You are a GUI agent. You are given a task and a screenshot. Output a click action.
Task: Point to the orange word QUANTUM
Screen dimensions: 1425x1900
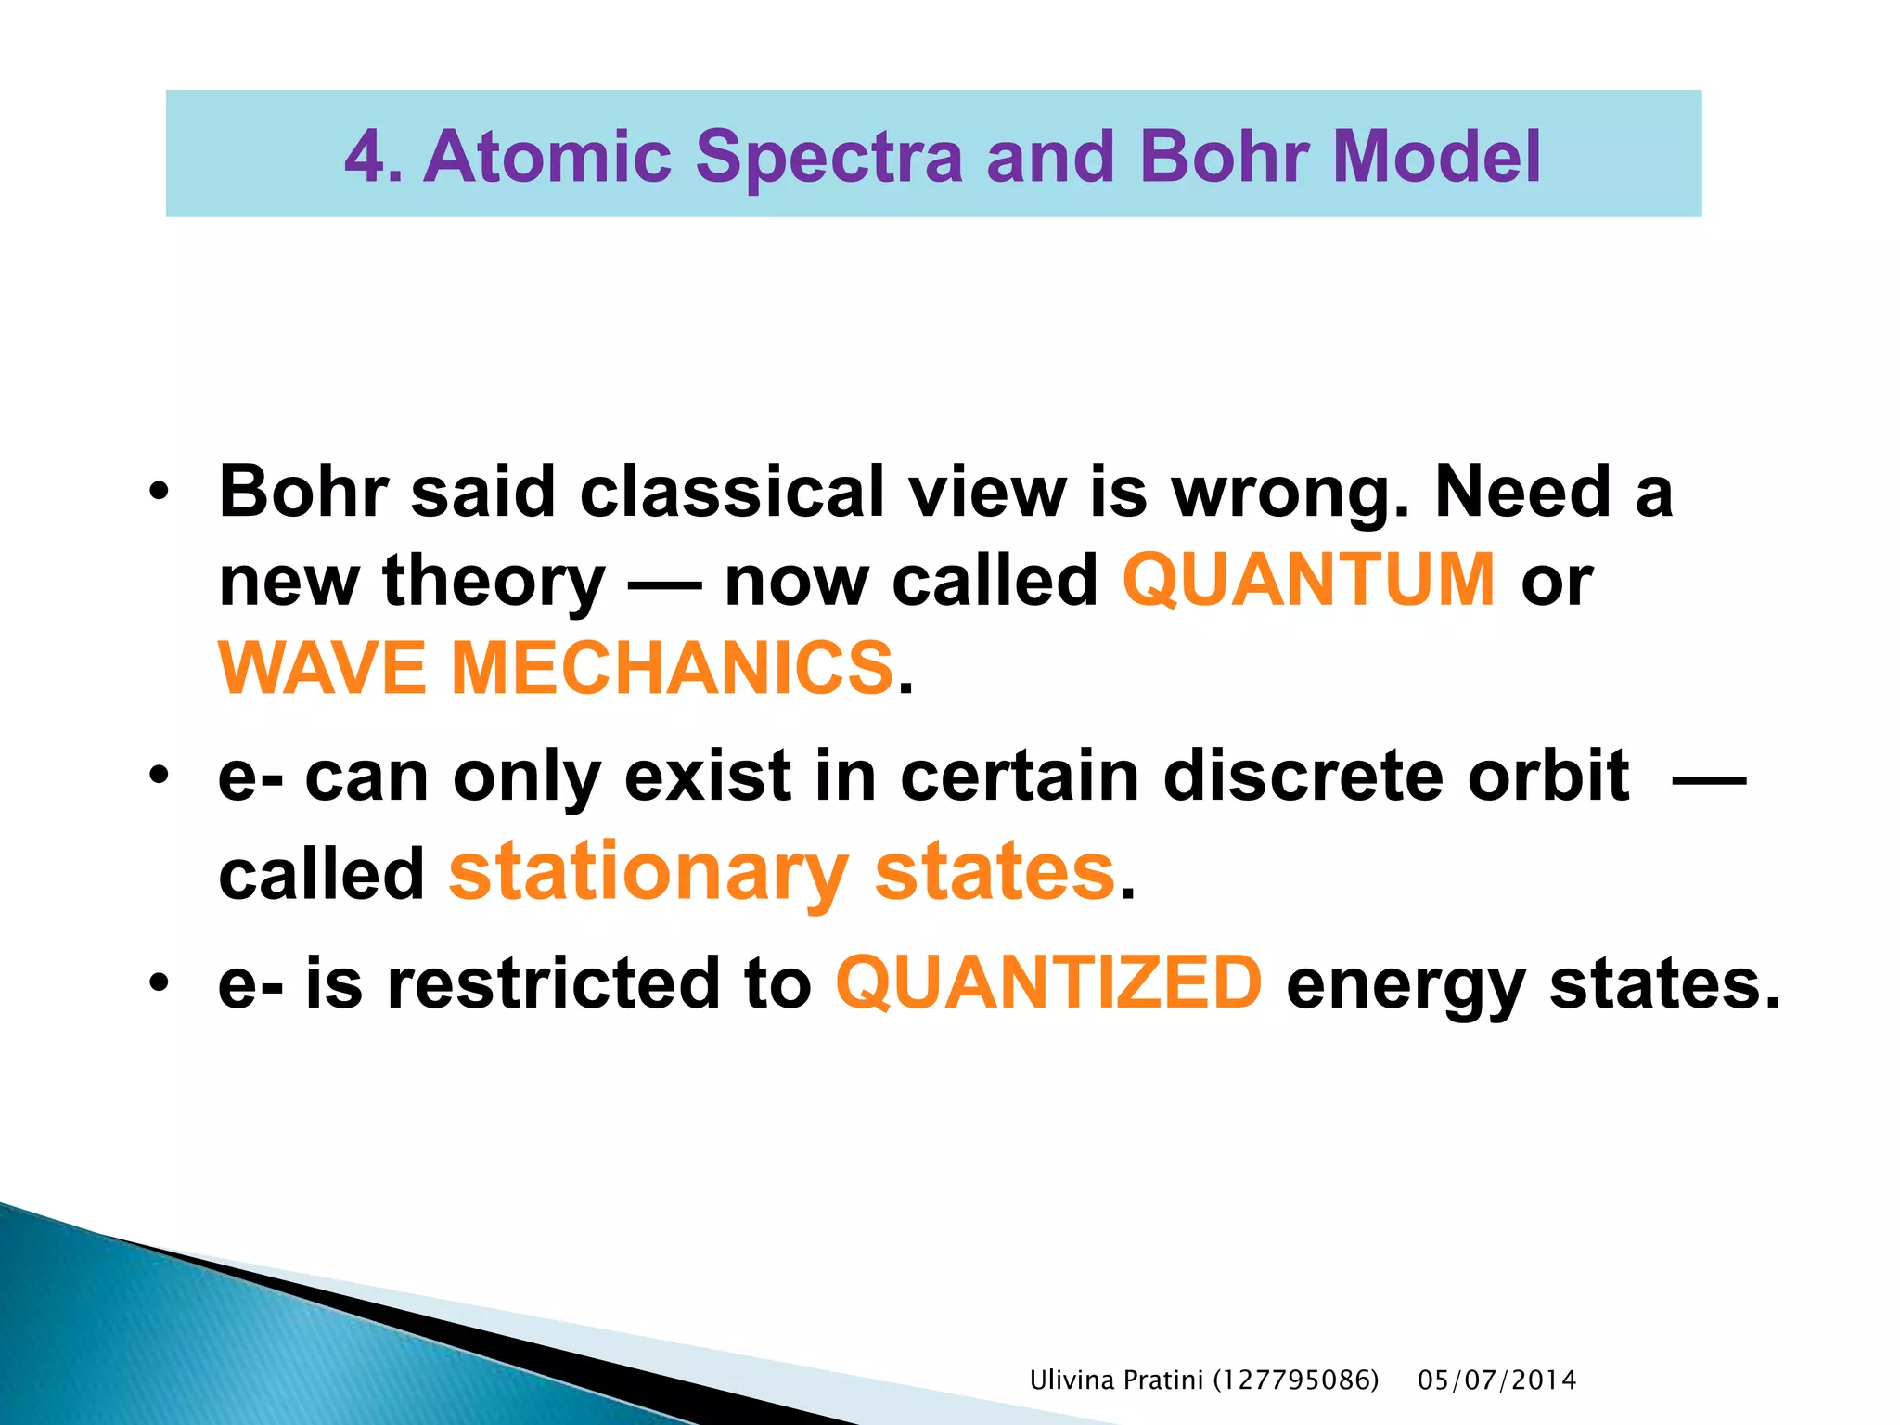tap(1308, 580)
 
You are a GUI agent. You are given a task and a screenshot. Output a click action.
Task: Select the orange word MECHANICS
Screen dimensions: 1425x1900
tap(672, 668)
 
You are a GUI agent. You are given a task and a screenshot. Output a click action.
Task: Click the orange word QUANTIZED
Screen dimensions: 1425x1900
tap(1048, 983)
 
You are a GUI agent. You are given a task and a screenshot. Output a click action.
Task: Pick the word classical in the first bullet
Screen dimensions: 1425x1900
tap(732, 492)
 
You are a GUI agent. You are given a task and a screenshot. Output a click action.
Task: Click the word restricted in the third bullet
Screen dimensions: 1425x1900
tap(553, 983)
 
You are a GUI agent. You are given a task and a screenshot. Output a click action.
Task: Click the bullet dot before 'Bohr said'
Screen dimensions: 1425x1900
tap(160, 491)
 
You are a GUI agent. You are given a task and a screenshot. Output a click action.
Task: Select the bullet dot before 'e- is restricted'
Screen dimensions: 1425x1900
tap(160, 982)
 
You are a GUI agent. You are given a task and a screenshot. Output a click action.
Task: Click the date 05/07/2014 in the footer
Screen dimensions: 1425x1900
tap(1496, 1380)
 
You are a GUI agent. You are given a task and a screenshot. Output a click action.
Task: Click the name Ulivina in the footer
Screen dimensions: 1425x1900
tap(1072, 1380)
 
